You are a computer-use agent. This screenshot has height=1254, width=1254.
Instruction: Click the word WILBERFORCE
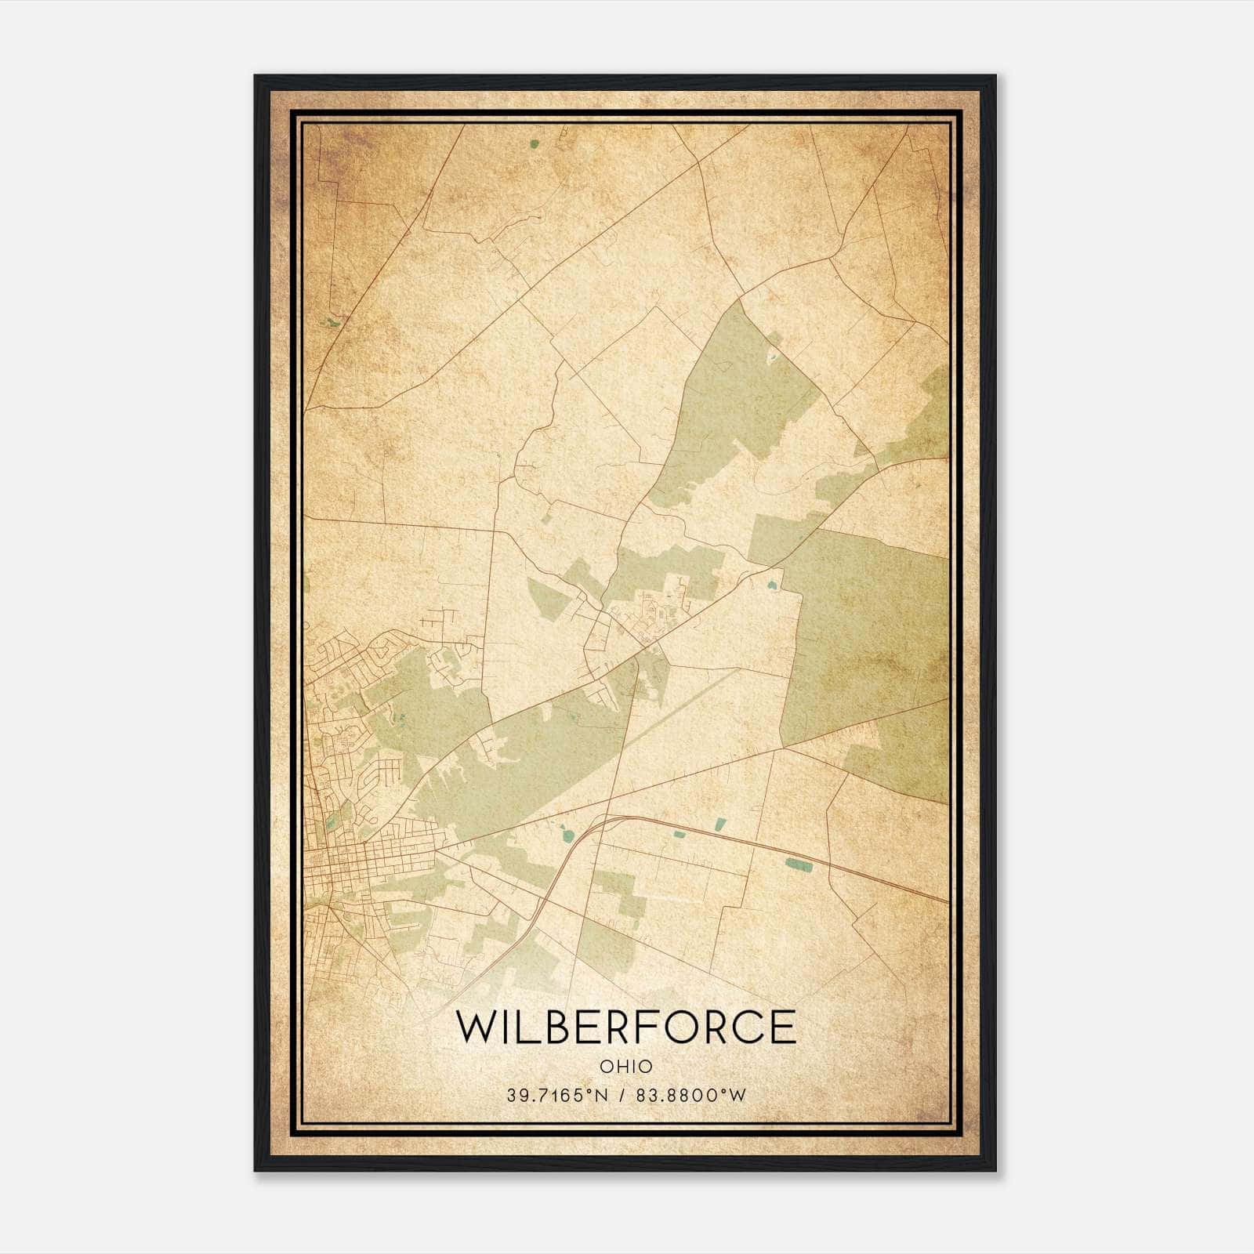click(626, 1027)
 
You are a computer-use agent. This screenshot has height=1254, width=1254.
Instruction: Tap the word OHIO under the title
click(626, 1066)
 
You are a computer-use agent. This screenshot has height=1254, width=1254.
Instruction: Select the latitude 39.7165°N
click(557, 1095)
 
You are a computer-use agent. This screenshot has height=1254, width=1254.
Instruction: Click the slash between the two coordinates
click(622, 1095)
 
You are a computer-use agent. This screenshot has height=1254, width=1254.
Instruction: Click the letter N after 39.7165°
click(602, 1095)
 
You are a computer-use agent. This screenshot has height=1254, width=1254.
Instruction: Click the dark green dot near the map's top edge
click(535, 144)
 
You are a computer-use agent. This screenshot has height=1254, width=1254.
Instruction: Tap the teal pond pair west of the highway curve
click(566, 832)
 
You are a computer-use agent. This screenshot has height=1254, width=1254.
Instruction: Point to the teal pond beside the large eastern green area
click(774, 585)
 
